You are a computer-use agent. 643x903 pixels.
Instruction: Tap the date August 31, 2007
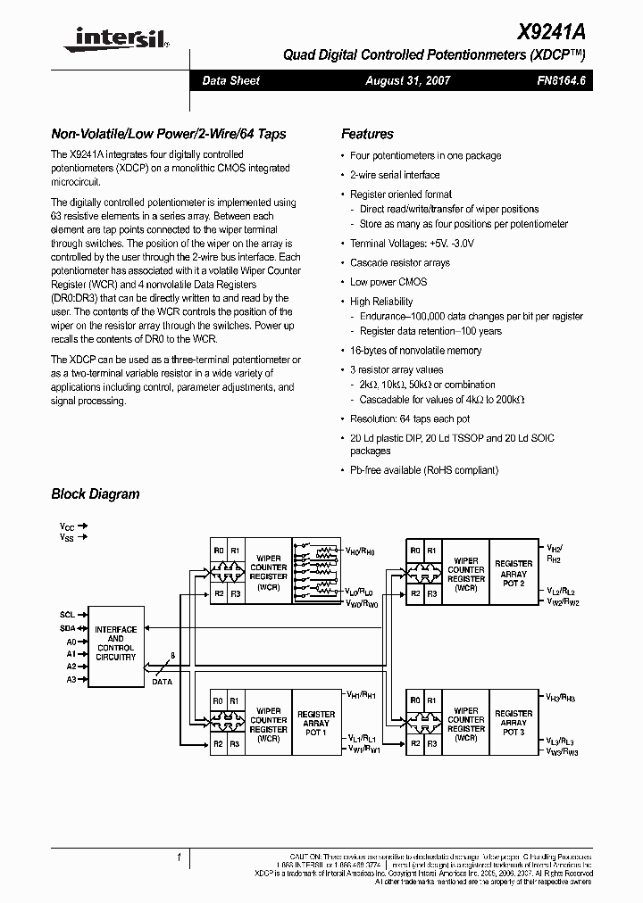pyautogui.click(x=408, y=81)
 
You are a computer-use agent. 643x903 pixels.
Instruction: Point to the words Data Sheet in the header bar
pyautogui.click(x=230, y=81)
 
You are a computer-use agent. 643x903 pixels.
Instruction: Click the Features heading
pyautogui.click(x=367, y=134)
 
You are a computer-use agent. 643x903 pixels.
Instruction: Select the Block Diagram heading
pyautogui.click(x=95, y=493)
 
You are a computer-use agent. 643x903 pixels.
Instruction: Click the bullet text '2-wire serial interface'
pyautogui.click(x=395, y=175)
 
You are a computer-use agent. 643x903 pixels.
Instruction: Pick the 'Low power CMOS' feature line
pyautogui.click(x=388, y=282)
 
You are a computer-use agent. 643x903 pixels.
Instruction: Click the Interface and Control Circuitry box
pyautogui.click(x=116, y=642)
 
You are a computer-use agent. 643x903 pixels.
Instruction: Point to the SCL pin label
pyautogui.click(x=68, y=614)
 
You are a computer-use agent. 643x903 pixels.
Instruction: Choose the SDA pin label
pyautogui.click(x=68, y=627)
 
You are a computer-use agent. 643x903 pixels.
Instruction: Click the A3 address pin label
pyautogui.click(x=71, y=679)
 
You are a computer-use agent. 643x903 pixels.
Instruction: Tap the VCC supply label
pyautogui.click(x=66, y=526)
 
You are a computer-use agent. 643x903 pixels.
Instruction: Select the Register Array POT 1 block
pyautogui.click(x=315, y=723)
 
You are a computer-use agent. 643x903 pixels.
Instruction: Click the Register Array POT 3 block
pyautogui.click(x=514, y=723)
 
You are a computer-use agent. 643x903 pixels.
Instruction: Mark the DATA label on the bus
pyautogui.click(x=163, y=681)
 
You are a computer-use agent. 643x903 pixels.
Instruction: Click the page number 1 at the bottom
pyautogui.click(x=179, y=857)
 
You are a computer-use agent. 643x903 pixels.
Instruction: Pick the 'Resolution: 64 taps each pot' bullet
pyautogui.click(x=410, y=418)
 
